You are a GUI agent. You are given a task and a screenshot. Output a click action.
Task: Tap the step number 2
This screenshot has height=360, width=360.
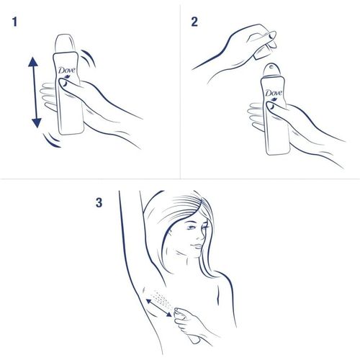(194, 22)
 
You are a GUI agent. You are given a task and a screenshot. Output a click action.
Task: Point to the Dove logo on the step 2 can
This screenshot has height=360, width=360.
(273, 94)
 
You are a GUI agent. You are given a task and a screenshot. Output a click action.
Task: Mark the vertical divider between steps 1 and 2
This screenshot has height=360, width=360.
(179, 90)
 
